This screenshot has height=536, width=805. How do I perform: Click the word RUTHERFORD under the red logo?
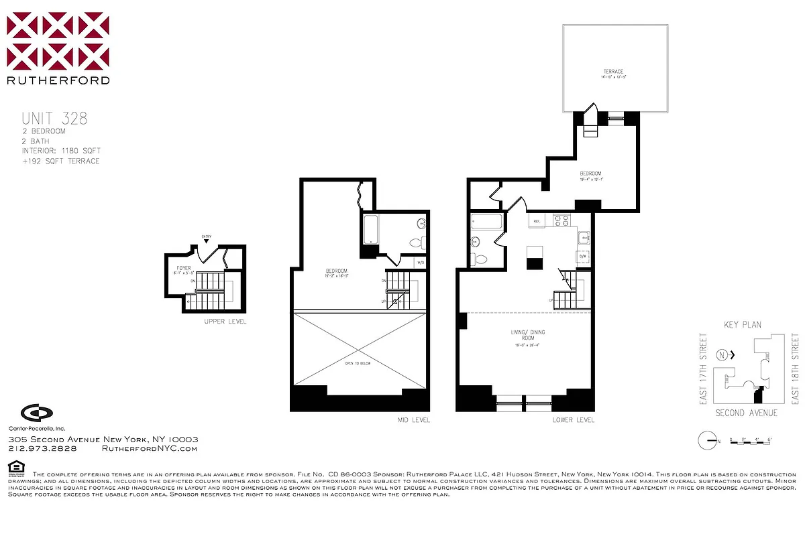click(x=58, y=80)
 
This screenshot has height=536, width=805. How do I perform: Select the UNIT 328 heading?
click(x=54, y=119)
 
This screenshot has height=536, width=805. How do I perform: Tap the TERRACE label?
click(x=613, y=72)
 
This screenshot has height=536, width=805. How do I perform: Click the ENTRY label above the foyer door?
click(x=207, y=237)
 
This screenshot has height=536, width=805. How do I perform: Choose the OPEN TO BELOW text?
click(x=357, y=363)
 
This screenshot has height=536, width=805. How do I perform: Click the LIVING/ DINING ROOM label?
click(x=524, y=336)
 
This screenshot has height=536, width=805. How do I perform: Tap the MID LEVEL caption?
click(x=413, y=420)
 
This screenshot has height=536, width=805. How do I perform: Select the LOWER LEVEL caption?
click(x=573, y=420)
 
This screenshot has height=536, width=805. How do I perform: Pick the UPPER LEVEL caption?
click(x=225, y=322)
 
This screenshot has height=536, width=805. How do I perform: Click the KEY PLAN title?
click(x=743, y=325)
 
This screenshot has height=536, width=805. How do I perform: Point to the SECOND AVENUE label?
click(x=746, y=413)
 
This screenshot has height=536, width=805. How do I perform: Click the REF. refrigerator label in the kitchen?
click(x=537, y=220)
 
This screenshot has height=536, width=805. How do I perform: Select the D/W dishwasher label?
click(x=582, y=256)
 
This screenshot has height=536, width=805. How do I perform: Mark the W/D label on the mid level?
click(x=419, y=263)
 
